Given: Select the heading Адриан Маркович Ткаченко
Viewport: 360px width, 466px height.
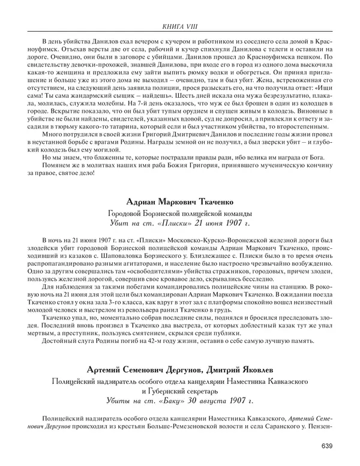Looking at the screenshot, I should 179,202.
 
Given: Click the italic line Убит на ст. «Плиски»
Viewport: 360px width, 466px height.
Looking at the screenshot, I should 179,223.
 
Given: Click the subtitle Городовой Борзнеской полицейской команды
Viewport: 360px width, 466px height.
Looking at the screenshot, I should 179,213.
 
